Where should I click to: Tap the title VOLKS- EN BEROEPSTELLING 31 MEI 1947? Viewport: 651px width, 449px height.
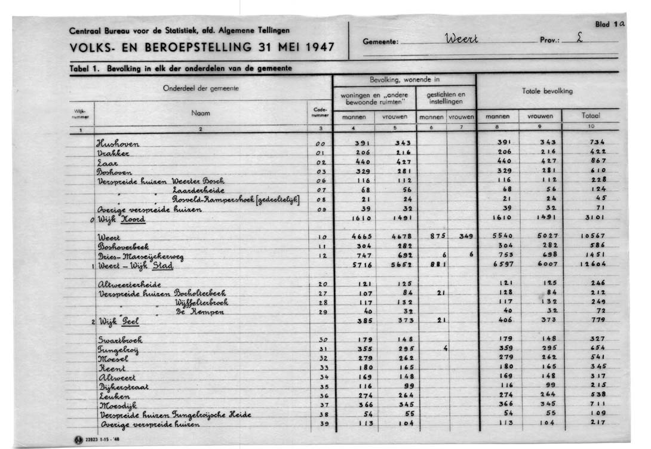click(x=202, y=48)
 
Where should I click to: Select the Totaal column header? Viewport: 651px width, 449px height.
click(x=591, y=116)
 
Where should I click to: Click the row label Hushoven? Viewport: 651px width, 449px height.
click(x=118, y=143)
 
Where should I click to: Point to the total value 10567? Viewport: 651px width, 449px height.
click(x=592, y=236)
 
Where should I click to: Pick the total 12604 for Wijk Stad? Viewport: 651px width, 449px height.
click(x=592, y=264)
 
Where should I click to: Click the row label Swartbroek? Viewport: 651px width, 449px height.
click(x=120, y=339)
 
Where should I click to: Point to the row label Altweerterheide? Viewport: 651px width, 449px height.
click(x=129, y=284)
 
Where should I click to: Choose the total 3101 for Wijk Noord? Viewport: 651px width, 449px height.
click(x=592, y=219)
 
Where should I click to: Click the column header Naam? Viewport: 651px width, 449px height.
click(x=201, y=112)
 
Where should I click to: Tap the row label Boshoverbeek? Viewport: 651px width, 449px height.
click(x=123, y=246)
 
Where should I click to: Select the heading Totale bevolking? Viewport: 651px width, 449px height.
click(x=547, y=91)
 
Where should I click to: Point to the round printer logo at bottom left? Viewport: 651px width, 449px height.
click(x=78, y=440)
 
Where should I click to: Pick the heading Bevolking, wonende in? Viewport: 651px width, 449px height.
click(x=405, y=79)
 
